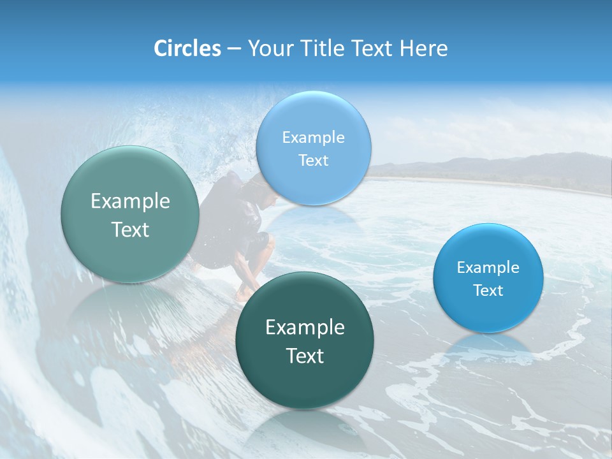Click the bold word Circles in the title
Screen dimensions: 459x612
[x=187, y=48]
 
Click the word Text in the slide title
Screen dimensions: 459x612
[x=371, y=48]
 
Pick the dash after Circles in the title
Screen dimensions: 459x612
[x=233, y=48]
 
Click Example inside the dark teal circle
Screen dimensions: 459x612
[x=305, y=327]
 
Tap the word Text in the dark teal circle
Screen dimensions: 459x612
[x=305, y=355]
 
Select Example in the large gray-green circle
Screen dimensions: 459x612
[x=130, y=201]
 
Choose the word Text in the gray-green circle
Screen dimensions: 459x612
[x=130, y=229]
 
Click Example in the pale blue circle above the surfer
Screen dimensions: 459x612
[x=313, y=137]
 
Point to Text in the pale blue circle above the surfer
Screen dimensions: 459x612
[x=313, y=160]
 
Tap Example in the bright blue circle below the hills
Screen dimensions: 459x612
[x=488, y=267]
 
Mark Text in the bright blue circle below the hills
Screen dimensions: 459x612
[x=488, y=290]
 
